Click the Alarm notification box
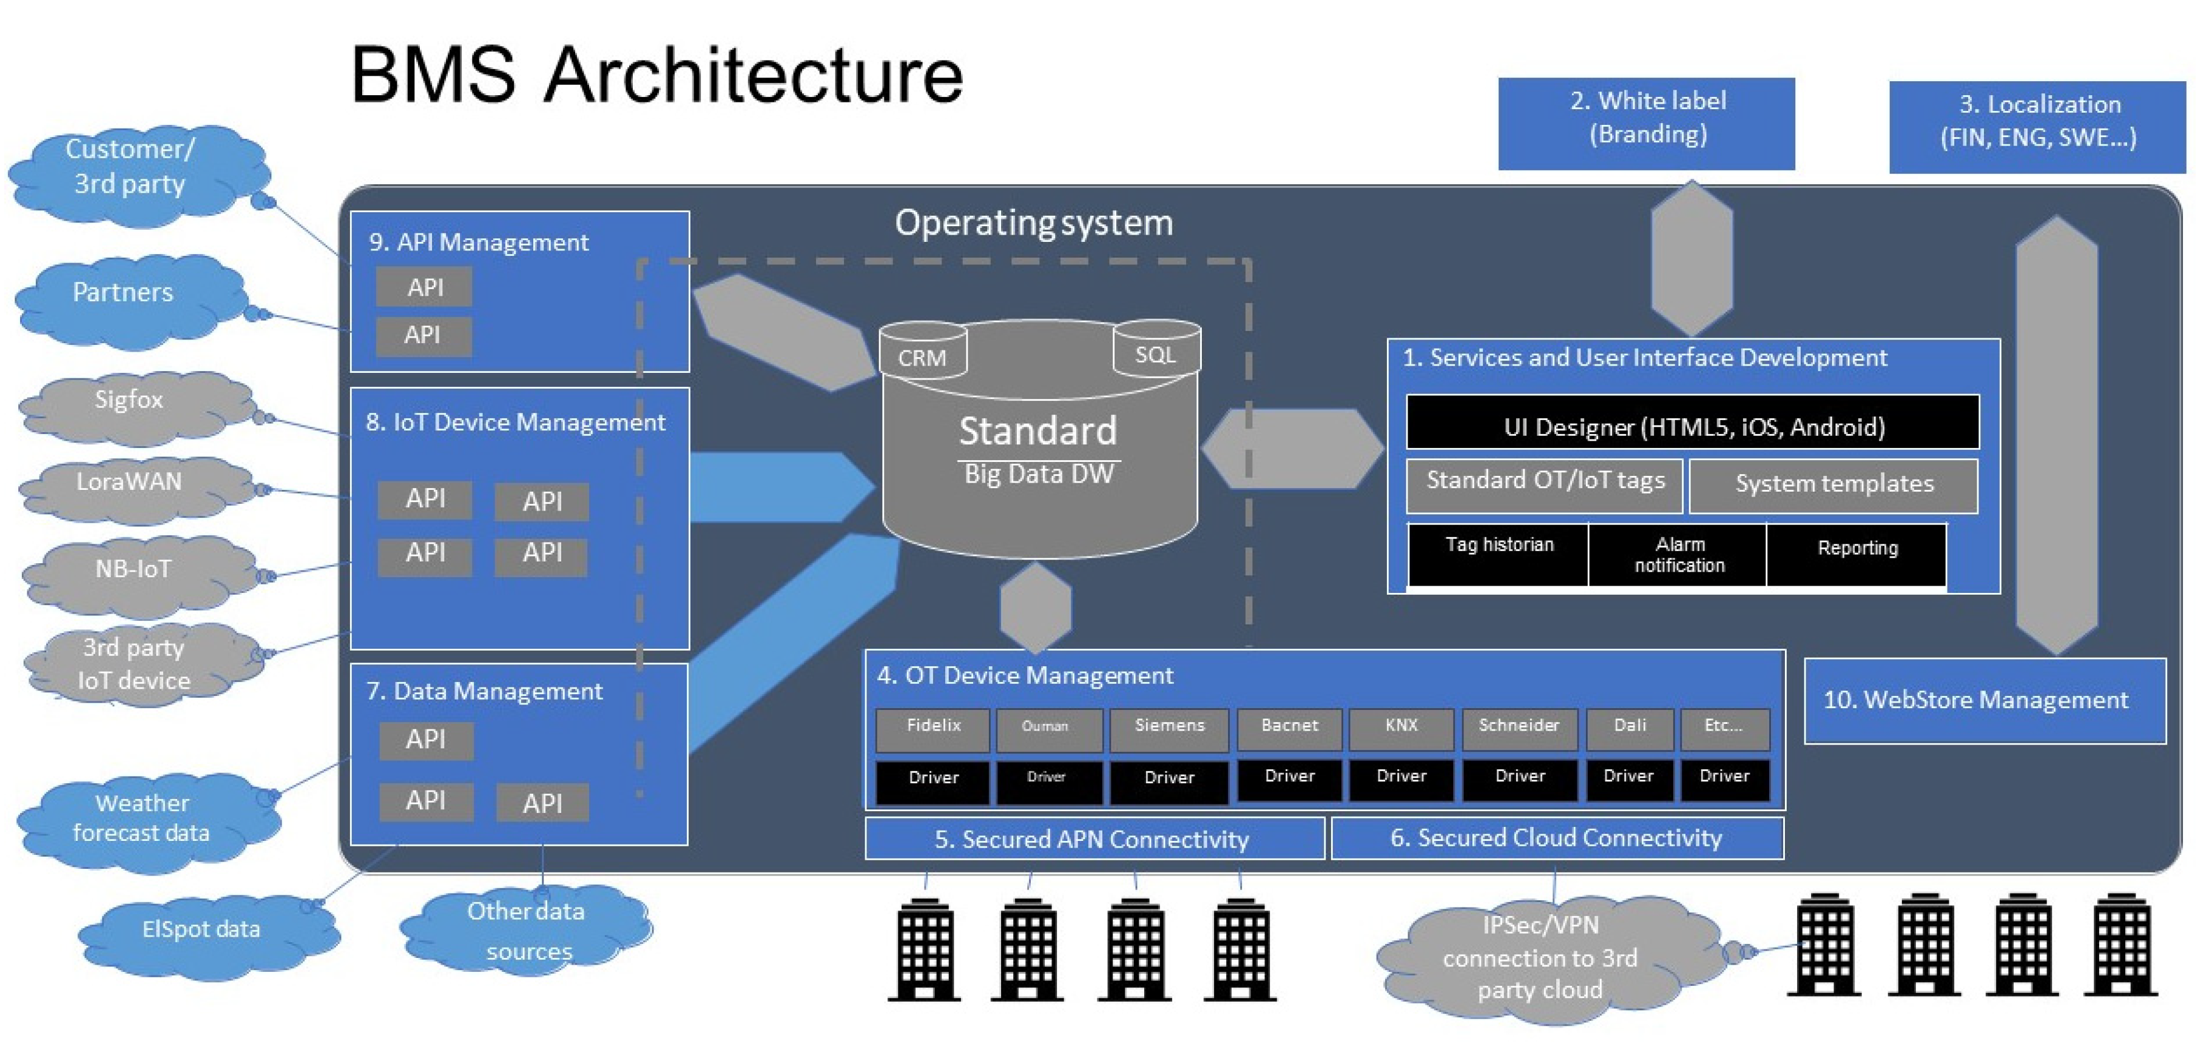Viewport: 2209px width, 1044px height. [1678, 555]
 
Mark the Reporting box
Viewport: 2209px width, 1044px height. [1857, 555]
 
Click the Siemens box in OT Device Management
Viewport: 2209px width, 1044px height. [1169, 729]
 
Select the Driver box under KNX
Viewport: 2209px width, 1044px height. [1401, 779]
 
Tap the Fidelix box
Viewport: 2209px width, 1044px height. [933, 729]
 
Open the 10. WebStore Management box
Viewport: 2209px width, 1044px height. [1985, 700]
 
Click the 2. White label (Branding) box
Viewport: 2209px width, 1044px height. [1647, 124]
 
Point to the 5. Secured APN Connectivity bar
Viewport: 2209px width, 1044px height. [1094, 838]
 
